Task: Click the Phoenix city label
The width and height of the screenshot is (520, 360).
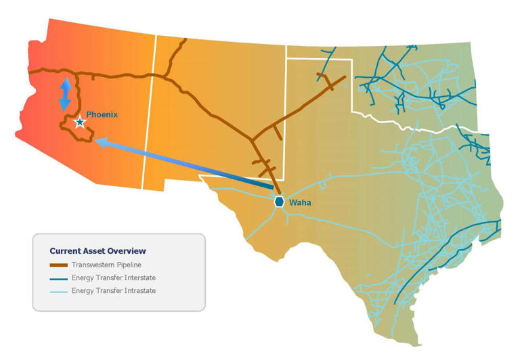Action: coord(102,115)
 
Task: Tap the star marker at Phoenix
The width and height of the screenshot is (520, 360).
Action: coord(80,122)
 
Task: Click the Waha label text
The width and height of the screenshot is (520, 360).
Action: coord(299,202)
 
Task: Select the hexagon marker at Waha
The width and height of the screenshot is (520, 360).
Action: coord(279,202)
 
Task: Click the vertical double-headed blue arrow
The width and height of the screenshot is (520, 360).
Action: coord(65,95)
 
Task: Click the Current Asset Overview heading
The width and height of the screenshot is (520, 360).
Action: coord(97,251)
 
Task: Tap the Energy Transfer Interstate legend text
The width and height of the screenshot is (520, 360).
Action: coord(114,278)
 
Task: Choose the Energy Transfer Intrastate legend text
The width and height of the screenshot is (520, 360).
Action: coord(114,291)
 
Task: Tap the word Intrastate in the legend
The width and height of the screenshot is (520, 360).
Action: coord(138,291)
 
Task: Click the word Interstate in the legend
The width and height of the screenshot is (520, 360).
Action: coord(138,278)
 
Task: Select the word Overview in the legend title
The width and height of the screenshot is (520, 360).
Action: coord(127,251)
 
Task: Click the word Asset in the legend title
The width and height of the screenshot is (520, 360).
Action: coord(94,251)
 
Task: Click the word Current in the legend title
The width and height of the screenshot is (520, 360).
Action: coord(65,251)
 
